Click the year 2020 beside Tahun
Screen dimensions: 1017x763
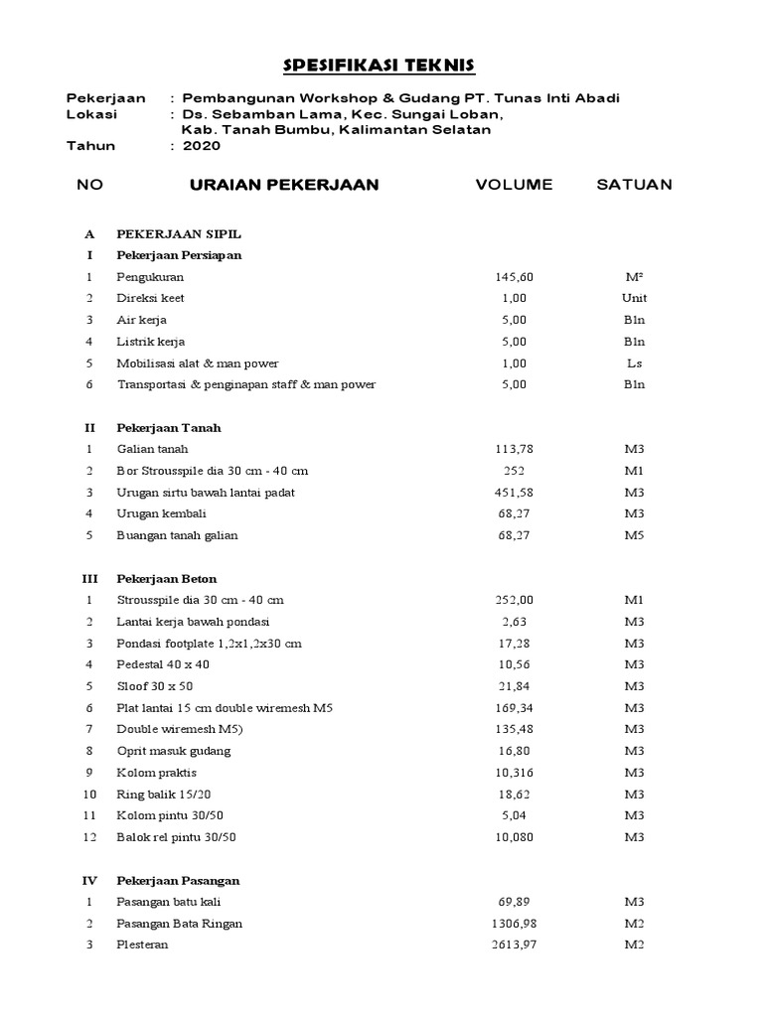pyautogui.click(x=202, y=146)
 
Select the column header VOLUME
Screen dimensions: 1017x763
pyautogui.click(x=514, y=185)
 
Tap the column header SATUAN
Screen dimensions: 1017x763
pyautogui.click(x=634, y=185)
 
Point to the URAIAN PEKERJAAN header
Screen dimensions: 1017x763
pyautogui.click(x=283, y=185)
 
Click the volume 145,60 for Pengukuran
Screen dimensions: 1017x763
pyautogui.click(x=514, y=277)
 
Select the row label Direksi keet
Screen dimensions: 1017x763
pyautogui.click(x=150, y=298)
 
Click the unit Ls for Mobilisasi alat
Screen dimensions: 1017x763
pyautogui.click(x=634, y=363)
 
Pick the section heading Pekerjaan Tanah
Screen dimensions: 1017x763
pyautogui.click(x=168, y=428)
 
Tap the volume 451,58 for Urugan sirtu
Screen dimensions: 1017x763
pyautogui.click(x=514, y=493)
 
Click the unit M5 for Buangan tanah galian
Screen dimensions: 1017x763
pyautogui.click(x=634, y=535)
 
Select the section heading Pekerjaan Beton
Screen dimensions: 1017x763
pyautogui.click(x=166, y=578)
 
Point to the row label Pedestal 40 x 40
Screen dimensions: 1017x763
pyautogui.click(x=163, y=664)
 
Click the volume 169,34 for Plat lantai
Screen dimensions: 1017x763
pyautogui.click(x=514, y=708)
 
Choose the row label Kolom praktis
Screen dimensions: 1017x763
pyautogui.click(x=157, y=773)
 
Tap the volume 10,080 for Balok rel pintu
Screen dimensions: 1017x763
pyautogui.click(x=514, y=837)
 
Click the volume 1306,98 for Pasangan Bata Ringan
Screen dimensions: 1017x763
pyautogui.click(x=514, y=924)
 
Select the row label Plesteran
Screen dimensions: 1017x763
pyautogui.click(x=142, y=944)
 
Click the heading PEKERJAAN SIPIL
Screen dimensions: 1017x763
pyautogui.click(x=179, y=234)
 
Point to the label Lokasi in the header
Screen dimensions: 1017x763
pyautogui.click(x=91, y=114)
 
